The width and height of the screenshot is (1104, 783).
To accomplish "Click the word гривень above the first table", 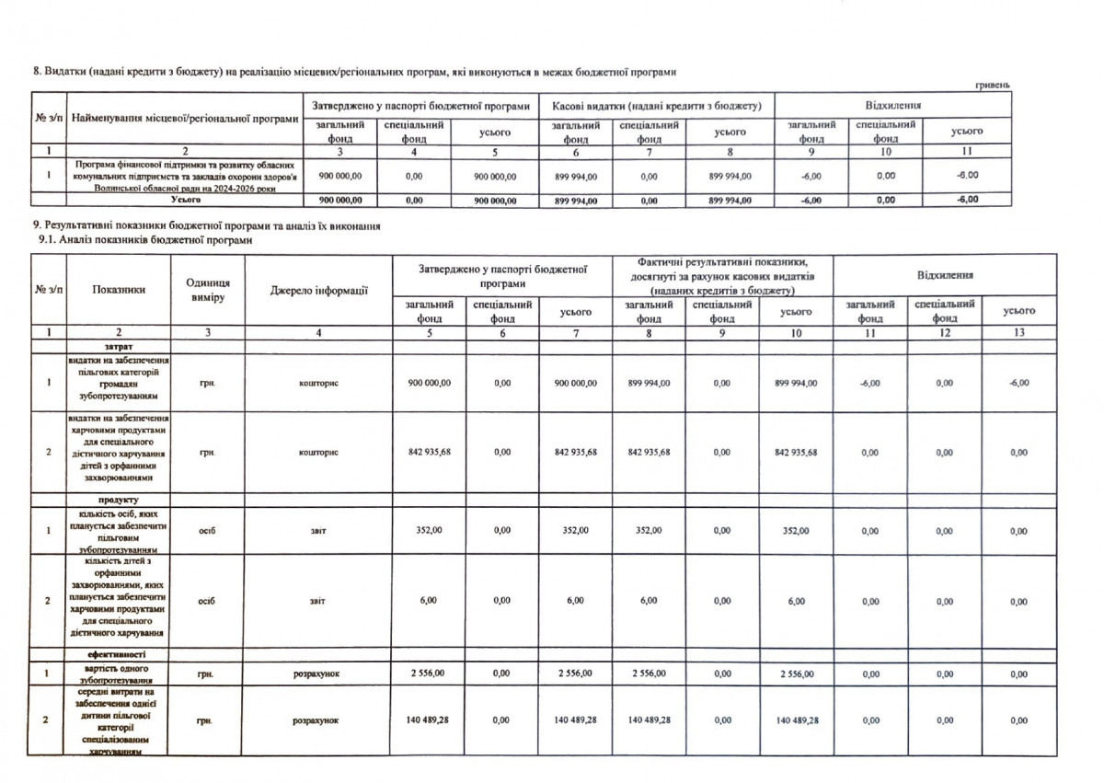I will click(x=993, y=85).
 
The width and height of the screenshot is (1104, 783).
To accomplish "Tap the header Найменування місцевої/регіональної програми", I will click(x=185, y=120).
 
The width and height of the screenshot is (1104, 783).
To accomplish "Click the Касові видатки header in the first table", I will click(x=656, y=106).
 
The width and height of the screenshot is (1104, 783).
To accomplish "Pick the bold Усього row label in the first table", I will click(x=185, y=199).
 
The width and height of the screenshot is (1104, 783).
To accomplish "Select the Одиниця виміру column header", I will click(x=208, y=290).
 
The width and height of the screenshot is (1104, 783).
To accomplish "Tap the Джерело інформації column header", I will click(x=318, y=291).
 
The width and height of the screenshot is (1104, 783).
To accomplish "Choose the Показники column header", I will click(x=119, y=290).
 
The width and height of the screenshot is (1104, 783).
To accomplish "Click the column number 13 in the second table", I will click(x=1018, y=332).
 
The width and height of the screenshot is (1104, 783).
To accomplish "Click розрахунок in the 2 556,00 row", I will click(x=318, y=674).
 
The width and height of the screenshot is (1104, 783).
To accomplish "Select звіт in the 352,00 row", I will click(x=318, y=530).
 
